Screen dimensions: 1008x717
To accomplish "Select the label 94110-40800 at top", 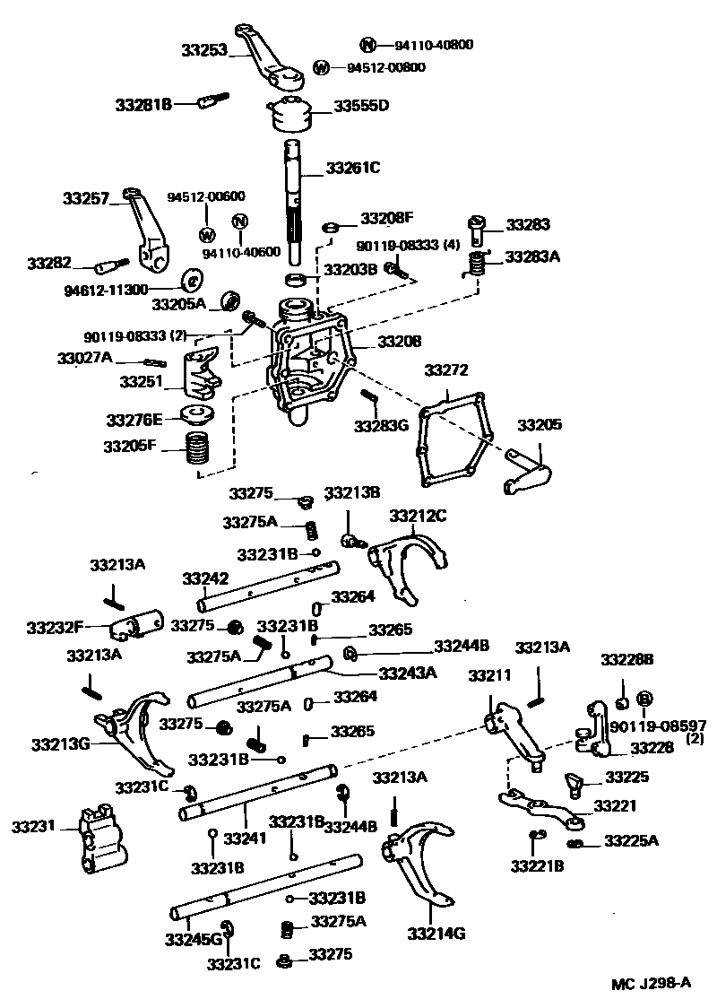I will pos(428,45).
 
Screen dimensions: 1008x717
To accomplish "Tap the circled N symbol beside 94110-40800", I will pos(367,45).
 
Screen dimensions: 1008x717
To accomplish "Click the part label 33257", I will pos(84,197).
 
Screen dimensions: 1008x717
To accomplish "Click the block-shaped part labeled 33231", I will pos(98,839).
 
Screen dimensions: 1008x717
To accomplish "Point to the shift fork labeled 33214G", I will pos(418,861).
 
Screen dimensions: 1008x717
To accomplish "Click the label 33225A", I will pos(631,840).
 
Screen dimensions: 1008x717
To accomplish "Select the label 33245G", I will pos(193,939).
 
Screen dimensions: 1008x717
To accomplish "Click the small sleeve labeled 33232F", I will pos(134,624).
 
